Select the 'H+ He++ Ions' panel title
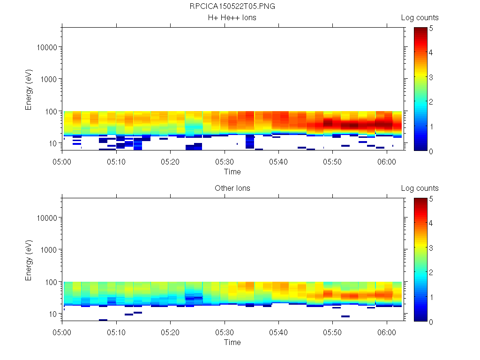click(x=232, y=18)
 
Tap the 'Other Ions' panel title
click(x=232, y=188)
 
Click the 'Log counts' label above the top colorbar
click(x=420, y=18)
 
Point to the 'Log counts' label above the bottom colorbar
click(x=420, y=188)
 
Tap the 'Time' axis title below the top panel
click(x=232, y=172)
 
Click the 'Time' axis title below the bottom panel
click(x=232, y=342)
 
